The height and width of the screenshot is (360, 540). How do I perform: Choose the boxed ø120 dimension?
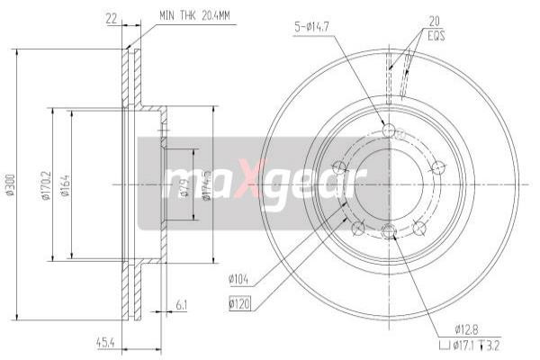(x=239, y=303)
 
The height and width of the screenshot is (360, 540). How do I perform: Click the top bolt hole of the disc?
(x=389, y=132)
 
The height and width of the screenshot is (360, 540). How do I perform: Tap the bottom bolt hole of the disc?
(x=389, y=232)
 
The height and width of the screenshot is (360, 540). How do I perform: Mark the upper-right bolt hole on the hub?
(x=438, y=166)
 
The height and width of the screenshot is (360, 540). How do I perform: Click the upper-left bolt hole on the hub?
(x=339, y=166)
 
